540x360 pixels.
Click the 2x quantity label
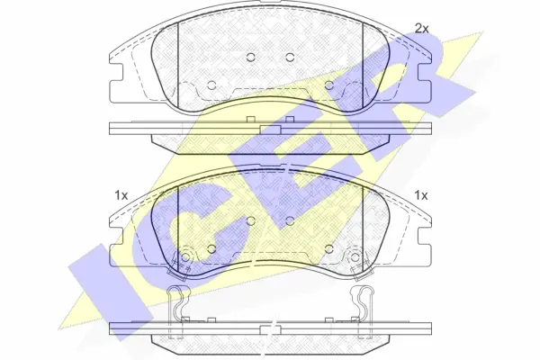pyautogui.click(x=422, y=29)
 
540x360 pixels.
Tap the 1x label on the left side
pyautogui.click(x=121, y=195)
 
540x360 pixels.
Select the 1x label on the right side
pyautogui.click(x=420, y=195)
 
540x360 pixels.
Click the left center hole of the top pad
pyautogui.click(x=251, y=58)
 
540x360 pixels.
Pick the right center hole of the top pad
pyautogui.click(x=290, y=58)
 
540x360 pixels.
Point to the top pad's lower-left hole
pyautogui.click(x=211, y=85)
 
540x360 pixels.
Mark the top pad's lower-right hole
pyautogui.click(x=329, y=85)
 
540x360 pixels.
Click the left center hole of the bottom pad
pyautogui.click(x=251, y=220)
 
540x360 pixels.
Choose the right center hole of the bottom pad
pyautogui.click(x=290, y=220)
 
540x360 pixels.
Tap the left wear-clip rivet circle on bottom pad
pyautogui.click(x=185, y=256)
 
